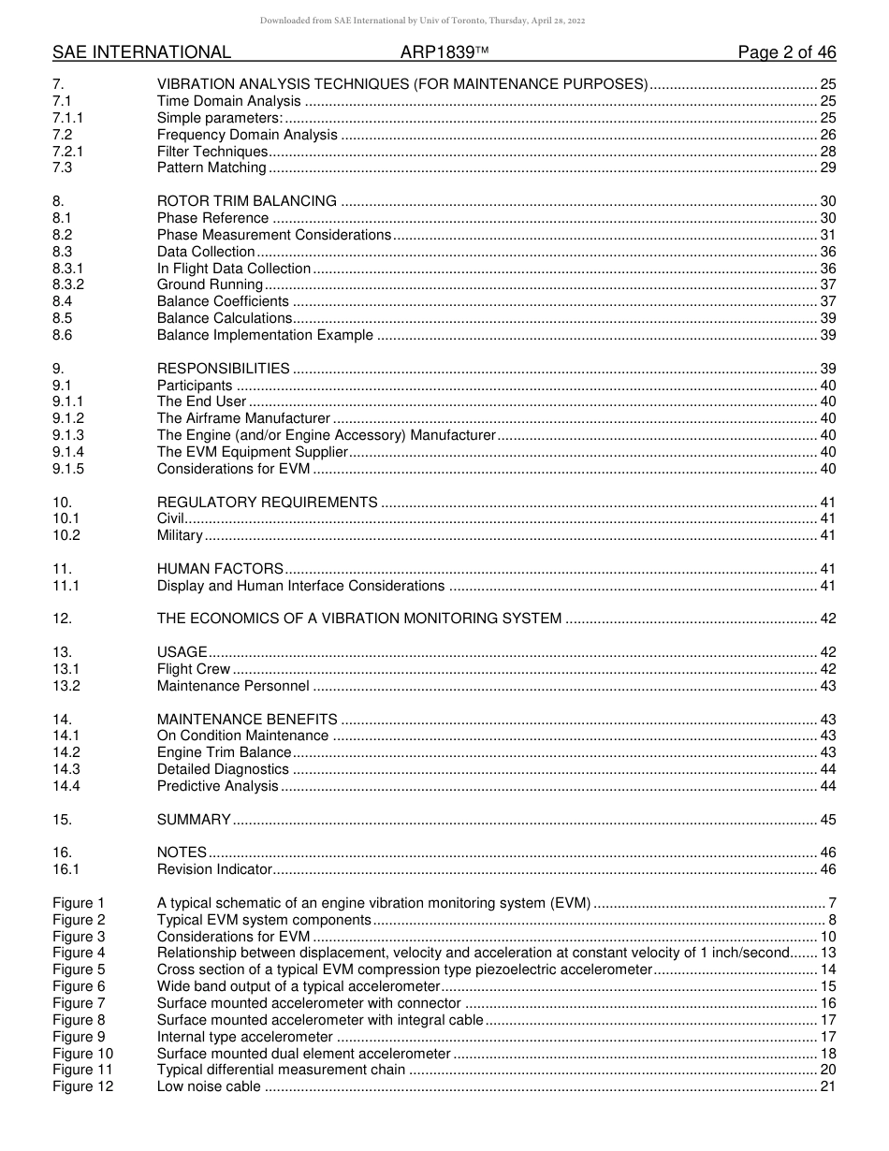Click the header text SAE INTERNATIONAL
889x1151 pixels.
(141, 52)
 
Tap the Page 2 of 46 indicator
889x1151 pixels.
(786, 52)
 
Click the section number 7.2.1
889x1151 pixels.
(68, 152)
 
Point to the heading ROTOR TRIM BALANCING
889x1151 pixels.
(247, 201)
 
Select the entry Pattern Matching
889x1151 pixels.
(211, 168)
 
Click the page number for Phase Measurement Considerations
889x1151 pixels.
(827, 235)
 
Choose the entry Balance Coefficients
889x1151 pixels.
(223, 301)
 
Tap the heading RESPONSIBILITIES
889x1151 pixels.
(223, 369)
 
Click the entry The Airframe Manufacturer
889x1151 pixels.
(243, 418)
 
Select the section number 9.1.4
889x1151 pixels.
(68, 452)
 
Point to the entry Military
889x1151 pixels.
(180, 535)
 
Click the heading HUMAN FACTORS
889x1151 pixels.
(220, 569)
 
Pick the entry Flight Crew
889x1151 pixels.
(194, 669)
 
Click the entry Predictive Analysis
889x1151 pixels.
(218, 786)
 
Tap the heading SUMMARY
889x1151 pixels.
(194, 820)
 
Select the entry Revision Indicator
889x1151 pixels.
(214, 869)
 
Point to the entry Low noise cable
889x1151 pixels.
(209, 1086)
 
